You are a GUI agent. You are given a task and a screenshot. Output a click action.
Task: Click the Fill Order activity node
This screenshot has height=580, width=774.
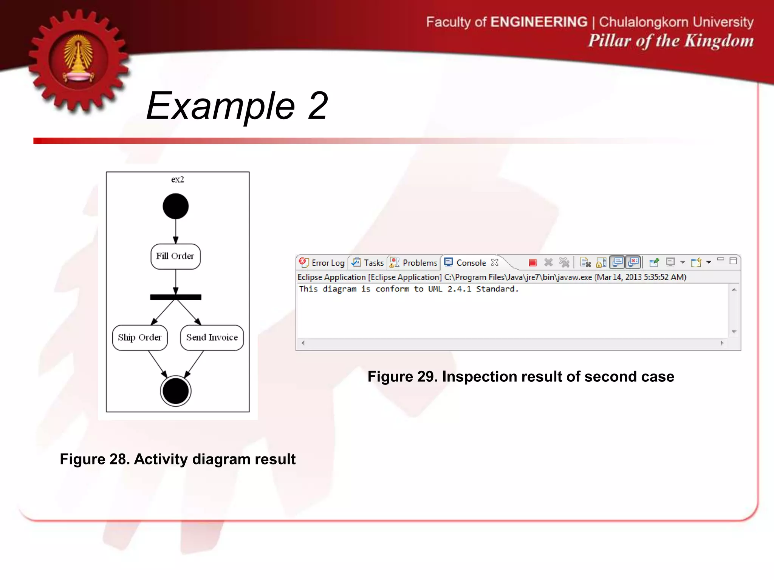[x=175, y=256]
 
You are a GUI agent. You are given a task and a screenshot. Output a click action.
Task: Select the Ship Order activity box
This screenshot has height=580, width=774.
[x=140, y=338]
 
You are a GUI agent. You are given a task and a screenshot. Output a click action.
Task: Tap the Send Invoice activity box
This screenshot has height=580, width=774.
[x=212, y=338]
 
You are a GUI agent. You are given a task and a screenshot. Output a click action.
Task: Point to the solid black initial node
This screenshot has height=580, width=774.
[x=176, y=206]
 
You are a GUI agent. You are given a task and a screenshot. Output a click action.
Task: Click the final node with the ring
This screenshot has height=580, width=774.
[x=176, y=391]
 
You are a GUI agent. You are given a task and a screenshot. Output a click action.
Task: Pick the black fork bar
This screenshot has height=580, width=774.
[x=176, y=297]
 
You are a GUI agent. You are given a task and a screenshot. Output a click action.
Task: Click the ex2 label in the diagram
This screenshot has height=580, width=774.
[x=178, y=179]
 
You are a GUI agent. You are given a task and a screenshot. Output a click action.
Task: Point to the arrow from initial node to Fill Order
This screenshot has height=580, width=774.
[x=176, y=231]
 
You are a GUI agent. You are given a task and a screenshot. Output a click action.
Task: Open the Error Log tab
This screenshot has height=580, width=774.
[x=322, y=262]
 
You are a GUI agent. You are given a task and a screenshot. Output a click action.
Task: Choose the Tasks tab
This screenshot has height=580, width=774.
[x=368, y=262]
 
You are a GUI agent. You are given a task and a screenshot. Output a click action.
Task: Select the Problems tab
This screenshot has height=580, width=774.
[x=415, y=262]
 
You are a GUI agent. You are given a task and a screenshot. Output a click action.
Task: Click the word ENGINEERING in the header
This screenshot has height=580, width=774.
[x=539, y=22]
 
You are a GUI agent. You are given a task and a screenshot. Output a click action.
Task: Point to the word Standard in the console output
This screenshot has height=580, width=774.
[x=497, y=289]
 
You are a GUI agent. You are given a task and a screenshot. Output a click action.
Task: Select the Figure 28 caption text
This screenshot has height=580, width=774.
[x=178, y=459]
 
